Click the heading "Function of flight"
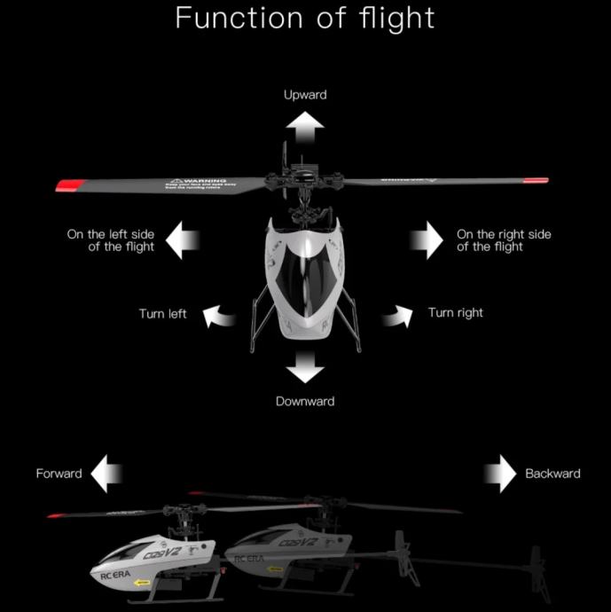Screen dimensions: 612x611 tap(305, 18)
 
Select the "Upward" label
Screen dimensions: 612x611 tap(305, 94)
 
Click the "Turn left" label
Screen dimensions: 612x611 tap(162, 314)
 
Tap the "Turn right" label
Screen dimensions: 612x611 tap(455, 313)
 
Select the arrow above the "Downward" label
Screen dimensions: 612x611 tap(306, 364)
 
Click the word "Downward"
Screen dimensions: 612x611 tap(305, 401)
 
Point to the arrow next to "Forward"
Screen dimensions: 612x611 tap(107, 474)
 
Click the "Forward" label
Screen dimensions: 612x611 tap(59, 474)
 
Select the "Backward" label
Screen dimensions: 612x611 tap(552, 474)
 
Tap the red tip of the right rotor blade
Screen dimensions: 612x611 tap(536, 181)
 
